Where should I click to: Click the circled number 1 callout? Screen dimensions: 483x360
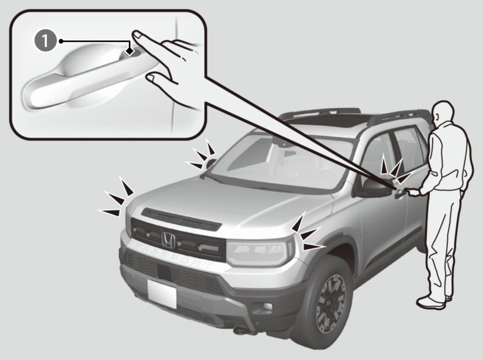pos(45,41)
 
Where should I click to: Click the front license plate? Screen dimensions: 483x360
pos(162,293)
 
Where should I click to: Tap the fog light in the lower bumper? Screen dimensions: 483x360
pos(267,306)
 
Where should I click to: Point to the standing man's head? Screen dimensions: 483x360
pos(443,112)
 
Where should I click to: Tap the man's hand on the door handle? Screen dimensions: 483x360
pos(414,192)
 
